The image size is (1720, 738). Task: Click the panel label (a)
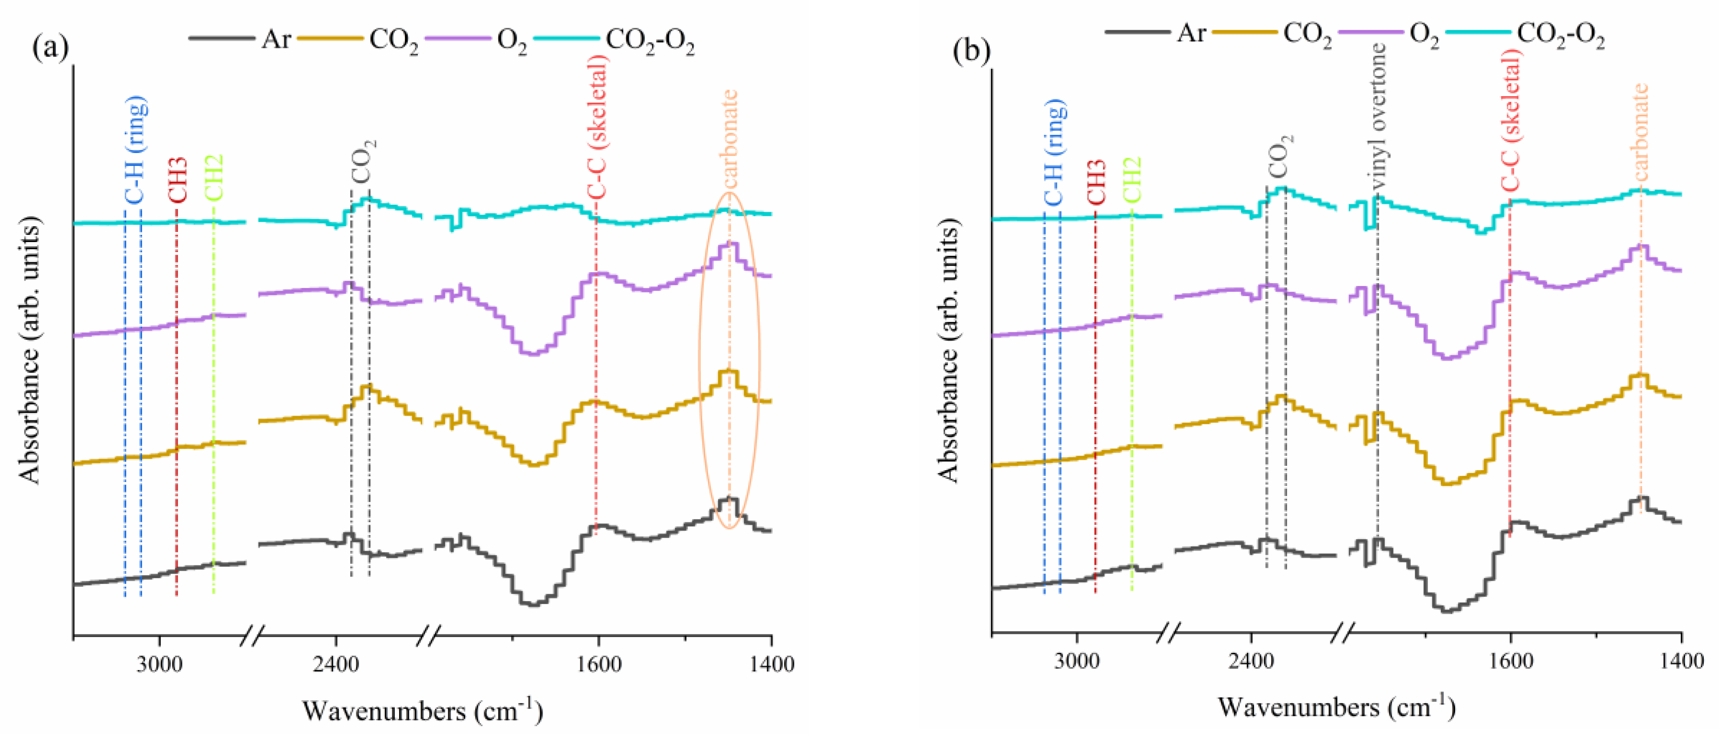click(50, 48)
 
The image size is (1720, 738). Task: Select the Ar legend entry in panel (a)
click(275, 39)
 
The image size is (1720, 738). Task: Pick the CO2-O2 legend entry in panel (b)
click(1560, 35)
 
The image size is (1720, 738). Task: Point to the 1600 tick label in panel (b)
click(1510, 662)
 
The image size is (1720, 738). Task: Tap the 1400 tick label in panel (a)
click(772, 664)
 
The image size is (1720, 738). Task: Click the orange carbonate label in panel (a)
click(730, 138)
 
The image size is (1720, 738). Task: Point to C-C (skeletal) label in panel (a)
click(597, 127)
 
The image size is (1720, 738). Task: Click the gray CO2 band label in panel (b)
click(1280, 156)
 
